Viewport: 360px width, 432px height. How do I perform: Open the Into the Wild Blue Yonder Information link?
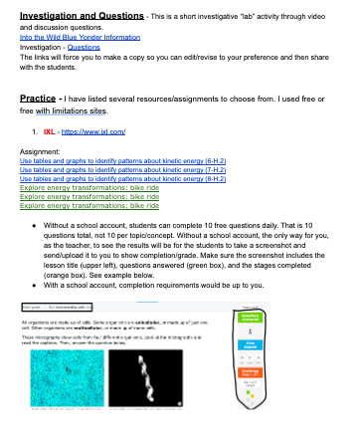[78, 37]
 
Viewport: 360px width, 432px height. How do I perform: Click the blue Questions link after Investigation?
[82, 46]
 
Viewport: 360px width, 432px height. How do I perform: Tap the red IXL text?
[48, 131]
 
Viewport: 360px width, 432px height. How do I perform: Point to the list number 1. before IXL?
[35, 131]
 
